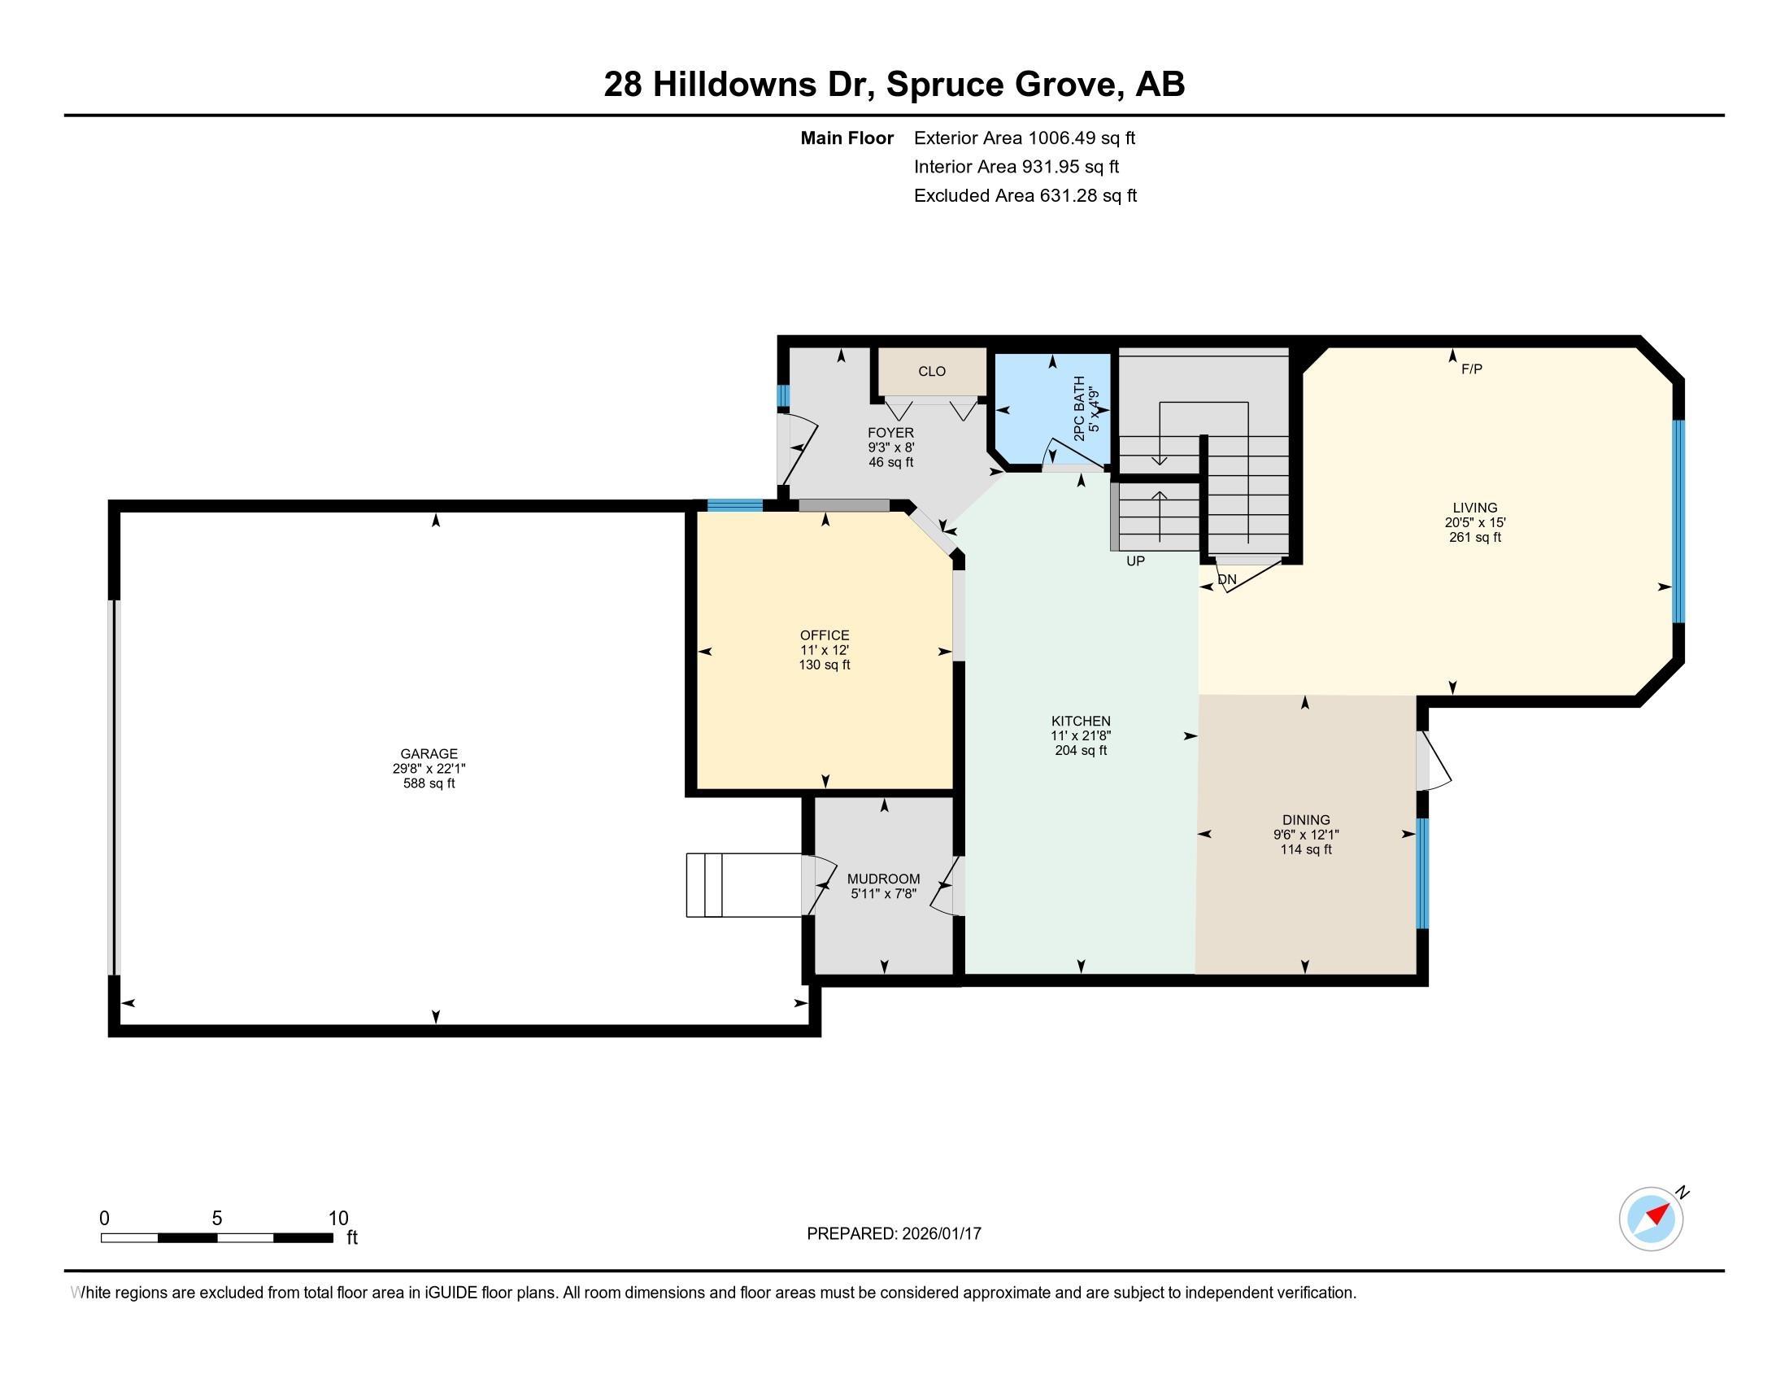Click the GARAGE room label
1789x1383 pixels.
(x=429, y=754)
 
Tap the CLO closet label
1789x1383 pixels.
(x=931, y=371)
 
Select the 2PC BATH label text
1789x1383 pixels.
(x=1080, y=408)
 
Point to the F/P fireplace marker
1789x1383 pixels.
(x=1471, y=369)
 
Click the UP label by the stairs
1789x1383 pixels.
(x=1135, y=561)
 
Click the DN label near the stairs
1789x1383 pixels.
(x=1226, y=579)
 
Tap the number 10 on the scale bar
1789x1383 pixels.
(x=338, y=1219)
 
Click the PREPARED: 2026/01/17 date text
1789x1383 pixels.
(x=894, y=1233)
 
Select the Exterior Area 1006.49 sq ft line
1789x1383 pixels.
(x=1024, y=137)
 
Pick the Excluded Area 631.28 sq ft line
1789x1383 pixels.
(x=1025, y=195)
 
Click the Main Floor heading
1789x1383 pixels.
(x=847, y=137)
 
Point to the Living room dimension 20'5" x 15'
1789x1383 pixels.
(x=1474, y=522)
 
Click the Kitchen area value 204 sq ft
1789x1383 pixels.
(x=1081, y=751)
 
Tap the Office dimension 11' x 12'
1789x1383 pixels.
(x=824, y=650)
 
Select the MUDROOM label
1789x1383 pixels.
(x=883, y=879)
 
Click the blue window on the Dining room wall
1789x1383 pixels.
(x=1423, y=874)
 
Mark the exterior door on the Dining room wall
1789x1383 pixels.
(x=1425, y=761)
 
